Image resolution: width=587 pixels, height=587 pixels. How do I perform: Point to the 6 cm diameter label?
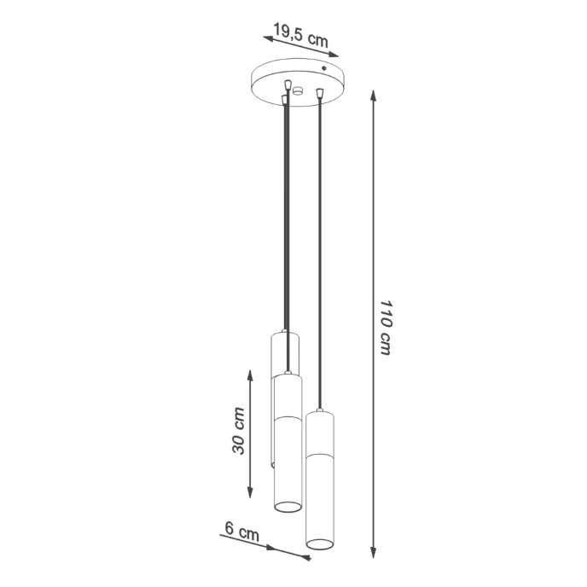coord(242,532)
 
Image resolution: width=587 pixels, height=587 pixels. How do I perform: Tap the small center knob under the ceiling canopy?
coord(297,90)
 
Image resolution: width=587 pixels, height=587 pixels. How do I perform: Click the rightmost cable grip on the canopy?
coord(318,92)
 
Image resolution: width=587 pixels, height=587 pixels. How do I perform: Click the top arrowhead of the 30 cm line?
coord(249,375)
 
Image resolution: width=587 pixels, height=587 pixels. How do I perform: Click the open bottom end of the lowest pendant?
coord(320,543)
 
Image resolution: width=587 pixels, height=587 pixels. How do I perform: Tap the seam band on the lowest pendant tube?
coord(320,455)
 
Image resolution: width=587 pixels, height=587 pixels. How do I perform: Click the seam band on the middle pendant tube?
coord(288,419)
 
